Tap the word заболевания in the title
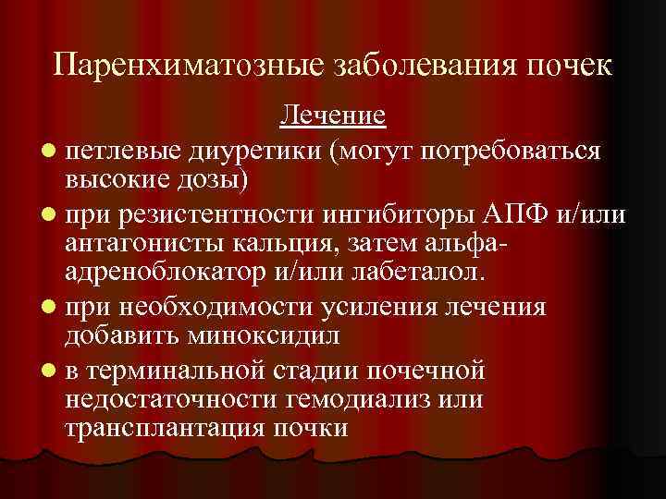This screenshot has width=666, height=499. (x=395, y=67)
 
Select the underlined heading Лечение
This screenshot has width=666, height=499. (x=333, y=117)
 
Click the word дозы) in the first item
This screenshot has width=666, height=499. (x=214, y=176)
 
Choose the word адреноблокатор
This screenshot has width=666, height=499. (x=162, y=273)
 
